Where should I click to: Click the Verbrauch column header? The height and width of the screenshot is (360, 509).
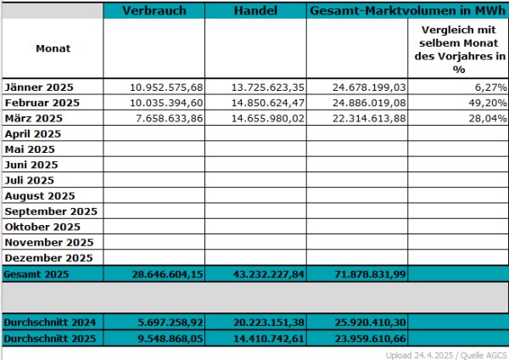pos(154,11)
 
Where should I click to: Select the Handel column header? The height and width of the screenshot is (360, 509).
pos(255,11)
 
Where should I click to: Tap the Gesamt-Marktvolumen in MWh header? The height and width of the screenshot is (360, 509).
pos(408,11)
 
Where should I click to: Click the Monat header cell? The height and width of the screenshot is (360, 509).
pos(53,48)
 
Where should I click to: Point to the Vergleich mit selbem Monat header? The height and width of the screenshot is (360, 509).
pos(459,49)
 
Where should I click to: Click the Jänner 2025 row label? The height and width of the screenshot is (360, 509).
pos(39,87)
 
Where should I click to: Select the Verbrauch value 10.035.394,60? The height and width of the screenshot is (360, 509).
pos(166,103)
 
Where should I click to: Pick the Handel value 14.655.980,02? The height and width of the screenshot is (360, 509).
pos(268,118)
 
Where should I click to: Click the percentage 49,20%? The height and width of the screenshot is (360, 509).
pos(488,103)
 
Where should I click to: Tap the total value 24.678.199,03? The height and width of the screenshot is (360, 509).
pos(369,87)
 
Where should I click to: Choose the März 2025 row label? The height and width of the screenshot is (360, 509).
pos(33,118)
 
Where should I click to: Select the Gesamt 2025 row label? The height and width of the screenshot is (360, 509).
pos(36,274)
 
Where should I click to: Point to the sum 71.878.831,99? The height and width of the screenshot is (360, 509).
pos(370,274)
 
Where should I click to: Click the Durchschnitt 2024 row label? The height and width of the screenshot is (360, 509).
pos(50,323)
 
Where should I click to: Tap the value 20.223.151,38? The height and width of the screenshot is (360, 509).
pos(269,323)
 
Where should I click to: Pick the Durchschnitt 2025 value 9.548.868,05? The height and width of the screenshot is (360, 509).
pos(171,339)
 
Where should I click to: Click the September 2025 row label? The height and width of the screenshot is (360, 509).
pos(51,211)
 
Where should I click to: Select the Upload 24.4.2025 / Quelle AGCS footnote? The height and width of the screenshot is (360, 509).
pos(446,355)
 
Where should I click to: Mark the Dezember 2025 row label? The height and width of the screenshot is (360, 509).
pos(48,258)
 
